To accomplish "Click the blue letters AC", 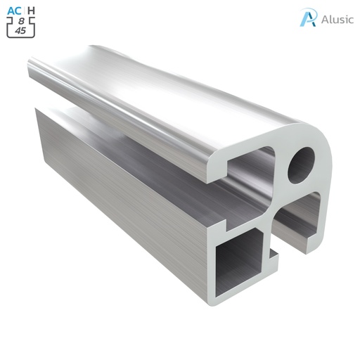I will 14,10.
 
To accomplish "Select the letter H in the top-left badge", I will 32,10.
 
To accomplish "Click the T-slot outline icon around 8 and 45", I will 20,27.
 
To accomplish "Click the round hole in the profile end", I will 303,162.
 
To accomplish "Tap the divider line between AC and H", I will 25,10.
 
